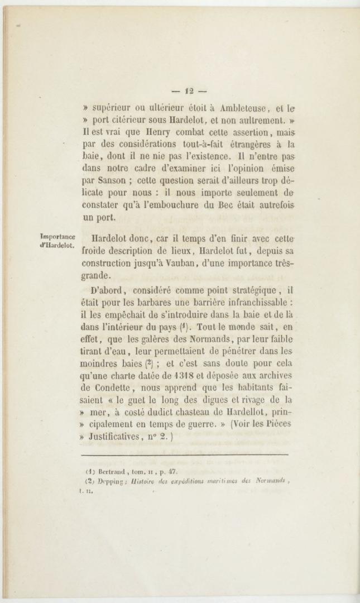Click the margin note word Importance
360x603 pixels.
click(x=59, y=237)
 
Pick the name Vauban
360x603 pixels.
click(x=169, y=264)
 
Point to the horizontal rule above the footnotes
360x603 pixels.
click(x=185, y=456)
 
